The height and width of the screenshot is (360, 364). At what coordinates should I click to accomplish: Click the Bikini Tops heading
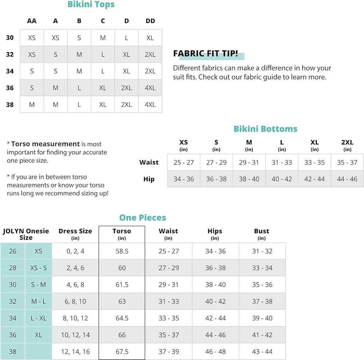[x=91, y=5]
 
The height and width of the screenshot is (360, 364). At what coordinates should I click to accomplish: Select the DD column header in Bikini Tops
[x=150, y=21]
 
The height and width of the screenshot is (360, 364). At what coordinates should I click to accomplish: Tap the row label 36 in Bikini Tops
[x=10, y=88]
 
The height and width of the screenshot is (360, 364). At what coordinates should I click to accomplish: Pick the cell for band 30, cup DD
[x=150, y=38]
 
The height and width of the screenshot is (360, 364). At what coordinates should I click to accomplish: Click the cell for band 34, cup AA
[x=32, y=71]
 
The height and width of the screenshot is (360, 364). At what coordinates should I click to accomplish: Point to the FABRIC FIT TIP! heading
[x=206, y=54]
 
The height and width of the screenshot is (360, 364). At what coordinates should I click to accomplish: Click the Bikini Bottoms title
[x=265, y=129]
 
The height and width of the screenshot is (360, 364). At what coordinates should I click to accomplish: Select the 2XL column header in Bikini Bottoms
[x=347, y=142]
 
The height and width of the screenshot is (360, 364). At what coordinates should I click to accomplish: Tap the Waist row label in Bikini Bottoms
[x=149, y=162]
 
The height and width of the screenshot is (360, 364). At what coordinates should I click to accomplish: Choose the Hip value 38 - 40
[x=249, y=179]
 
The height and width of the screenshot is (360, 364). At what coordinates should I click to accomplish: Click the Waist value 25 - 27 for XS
[x=183, y=162]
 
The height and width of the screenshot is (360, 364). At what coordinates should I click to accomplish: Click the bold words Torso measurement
[x=45, y=144]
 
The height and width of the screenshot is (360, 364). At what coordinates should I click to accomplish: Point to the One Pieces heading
[x=143, y=218]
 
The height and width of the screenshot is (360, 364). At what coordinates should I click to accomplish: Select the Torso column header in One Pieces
[x=122, y=231]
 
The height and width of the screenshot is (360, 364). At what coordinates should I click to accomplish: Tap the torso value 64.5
[x=122, y=318]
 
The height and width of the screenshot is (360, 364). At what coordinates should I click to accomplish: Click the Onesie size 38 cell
[x=12, y=352]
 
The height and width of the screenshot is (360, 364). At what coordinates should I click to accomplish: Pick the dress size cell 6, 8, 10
[x=75, y=301]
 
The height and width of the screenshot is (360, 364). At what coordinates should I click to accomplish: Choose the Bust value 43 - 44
[x=262, y=352]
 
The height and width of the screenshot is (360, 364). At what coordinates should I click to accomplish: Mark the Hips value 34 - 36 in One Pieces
[x=215, y=251]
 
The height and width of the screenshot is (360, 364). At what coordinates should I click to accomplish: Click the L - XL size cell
[x=39, y=318]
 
